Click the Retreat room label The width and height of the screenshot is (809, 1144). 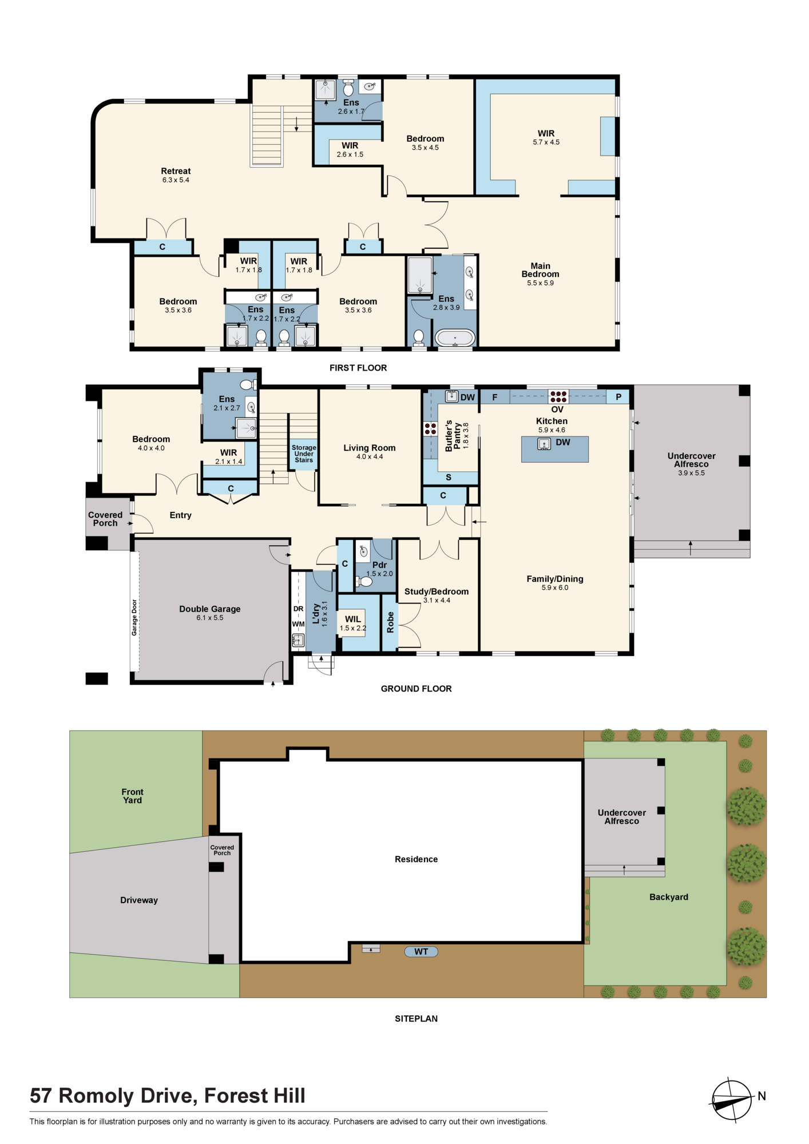pos(176,171)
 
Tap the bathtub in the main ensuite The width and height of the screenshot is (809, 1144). pos(455,338)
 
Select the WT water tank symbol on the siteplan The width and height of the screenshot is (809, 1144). pos(421,952)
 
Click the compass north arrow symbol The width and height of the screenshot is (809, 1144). pos(732,1100)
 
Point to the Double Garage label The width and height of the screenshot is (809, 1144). pos(210,609)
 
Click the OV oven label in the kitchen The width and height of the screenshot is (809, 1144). pos(557,410)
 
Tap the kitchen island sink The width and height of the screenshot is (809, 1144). pos(544,443)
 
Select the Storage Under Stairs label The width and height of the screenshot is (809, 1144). pos(304,454)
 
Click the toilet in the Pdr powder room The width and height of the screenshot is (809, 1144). pos(364,582)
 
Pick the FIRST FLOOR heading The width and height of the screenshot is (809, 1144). pos(358,368)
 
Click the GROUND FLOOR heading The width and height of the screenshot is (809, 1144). pos(417,689)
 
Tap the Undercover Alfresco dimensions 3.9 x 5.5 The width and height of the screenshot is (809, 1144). pos(692,473)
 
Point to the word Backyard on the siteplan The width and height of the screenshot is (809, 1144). pos(669,897)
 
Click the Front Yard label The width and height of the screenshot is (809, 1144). pos(132,796)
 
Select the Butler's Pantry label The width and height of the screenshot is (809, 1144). pos(453,436)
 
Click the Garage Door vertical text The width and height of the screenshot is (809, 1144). pos(134,617)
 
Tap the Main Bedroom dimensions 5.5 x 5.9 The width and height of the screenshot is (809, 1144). pos(541,283)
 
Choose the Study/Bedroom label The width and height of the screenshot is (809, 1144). pos(437,591)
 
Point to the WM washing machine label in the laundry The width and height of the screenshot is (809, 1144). pos(299,624)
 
